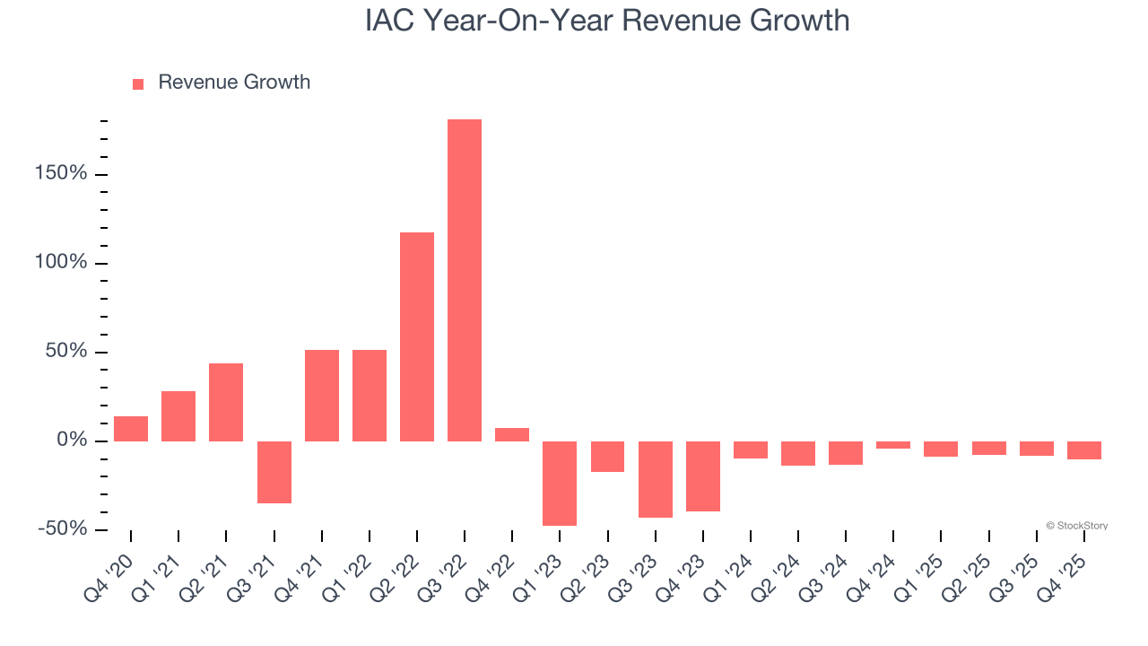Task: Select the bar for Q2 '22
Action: [x=417, y=336]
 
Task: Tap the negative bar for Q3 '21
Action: [x=274, y=472]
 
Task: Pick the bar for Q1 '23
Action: [x=560, y=483]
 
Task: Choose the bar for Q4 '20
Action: [x=131, y=429]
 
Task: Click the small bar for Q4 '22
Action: [x=512, y=434]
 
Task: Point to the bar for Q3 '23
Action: [x=656, y=479]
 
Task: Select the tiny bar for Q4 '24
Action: [x=893, y=445]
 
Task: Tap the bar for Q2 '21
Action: [x=226, y=402]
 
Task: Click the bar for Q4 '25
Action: [x=1084, y=450]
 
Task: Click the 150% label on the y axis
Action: [x=62, y=173]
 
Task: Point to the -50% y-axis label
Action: [x=63, y=528]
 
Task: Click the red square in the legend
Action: [x=138, y=84]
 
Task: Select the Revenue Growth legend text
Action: [x=234, y=83]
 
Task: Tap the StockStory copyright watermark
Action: [x=1076, y=526]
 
